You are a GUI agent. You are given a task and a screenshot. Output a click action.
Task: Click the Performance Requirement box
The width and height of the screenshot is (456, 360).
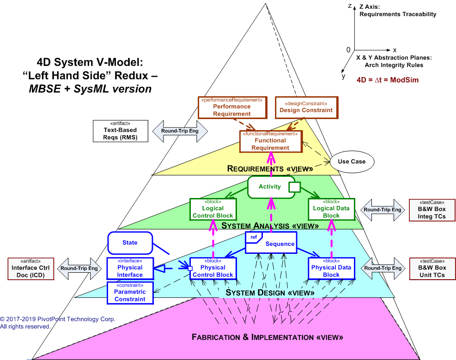pos(232,107)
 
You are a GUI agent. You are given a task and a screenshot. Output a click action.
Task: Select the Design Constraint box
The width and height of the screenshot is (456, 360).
pos(306,107)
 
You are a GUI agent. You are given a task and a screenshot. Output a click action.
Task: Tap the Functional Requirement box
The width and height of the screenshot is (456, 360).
pos(270,141)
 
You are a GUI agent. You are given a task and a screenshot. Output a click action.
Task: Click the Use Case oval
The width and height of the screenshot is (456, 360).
pos(352,162)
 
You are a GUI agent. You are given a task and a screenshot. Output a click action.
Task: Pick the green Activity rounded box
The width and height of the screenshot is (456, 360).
pos(271,187)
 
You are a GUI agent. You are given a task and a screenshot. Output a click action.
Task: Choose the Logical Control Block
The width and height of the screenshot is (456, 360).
pos(213,209)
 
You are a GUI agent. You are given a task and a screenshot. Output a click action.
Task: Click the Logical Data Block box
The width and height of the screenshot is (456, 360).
pos(331,209)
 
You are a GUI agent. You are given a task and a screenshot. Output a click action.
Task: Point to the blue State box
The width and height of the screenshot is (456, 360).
pos(130,243)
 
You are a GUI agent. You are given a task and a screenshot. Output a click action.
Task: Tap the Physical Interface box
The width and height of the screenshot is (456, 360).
pos(130,268)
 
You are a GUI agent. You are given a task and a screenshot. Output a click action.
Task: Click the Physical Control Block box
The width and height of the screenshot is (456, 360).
pos(213,268)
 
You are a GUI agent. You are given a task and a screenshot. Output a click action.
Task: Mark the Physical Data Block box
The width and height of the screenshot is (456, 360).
pos(331,268)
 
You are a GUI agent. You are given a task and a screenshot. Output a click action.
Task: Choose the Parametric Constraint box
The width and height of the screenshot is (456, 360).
pos(130,293)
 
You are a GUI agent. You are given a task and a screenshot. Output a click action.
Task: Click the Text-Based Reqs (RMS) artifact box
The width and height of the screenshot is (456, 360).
pos(120,131)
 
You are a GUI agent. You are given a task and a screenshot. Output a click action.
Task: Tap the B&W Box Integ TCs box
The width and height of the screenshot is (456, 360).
pos(432,210)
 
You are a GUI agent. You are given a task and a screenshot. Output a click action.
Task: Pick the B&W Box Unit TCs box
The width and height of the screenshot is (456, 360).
pos(432,268)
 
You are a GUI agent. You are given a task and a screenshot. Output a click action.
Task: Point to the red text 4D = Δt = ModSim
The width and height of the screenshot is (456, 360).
pos(388,79)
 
